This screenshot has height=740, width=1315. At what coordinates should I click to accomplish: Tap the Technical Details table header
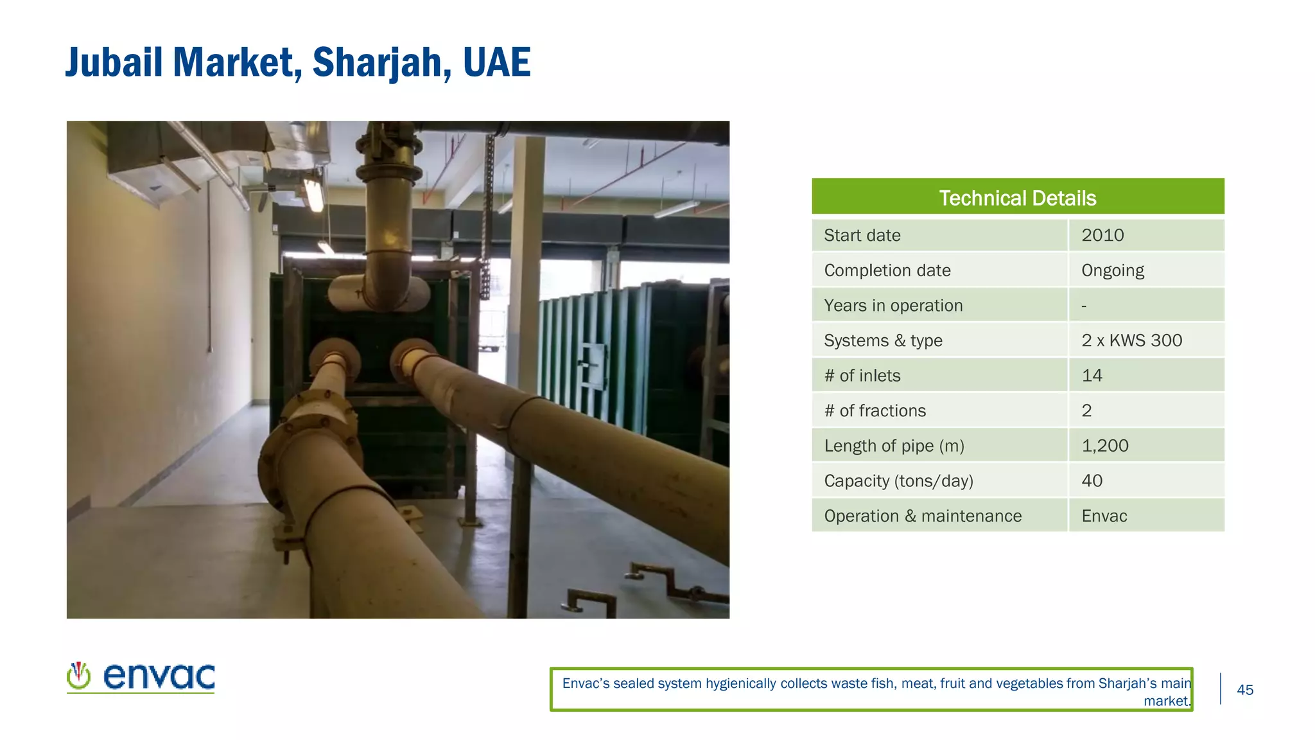click(x=1017, y=197)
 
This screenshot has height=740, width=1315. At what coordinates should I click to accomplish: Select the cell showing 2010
click(x=1102, y=235)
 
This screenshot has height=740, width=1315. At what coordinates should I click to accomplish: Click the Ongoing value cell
click(x=1112, y=270)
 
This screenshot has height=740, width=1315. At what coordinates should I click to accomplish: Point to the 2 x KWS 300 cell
click(x=1131, y=340)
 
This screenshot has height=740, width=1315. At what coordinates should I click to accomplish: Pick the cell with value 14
click(x=1092, y=376)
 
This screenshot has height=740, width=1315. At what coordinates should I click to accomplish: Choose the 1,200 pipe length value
click(x=1104, y=446)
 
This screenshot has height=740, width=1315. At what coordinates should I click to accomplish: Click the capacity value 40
click(x=1092, y=481)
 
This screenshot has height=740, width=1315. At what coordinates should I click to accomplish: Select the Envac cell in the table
click(x=1104, y=516)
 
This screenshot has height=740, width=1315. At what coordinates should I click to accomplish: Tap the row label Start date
click(x=862, y=235)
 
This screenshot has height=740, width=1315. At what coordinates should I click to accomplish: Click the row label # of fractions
click(x=875, y=411)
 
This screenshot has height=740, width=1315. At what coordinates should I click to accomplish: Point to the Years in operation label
click(x=893, y=306)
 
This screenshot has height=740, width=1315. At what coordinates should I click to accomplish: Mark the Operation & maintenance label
click(x=922, y=516)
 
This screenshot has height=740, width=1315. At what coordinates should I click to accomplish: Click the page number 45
click(x=1244, y=690)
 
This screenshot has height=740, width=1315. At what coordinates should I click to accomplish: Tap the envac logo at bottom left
click(x=141, y=676)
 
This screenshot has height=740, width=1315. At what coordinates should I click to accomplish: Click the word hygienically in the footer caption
click(x=740, y=683)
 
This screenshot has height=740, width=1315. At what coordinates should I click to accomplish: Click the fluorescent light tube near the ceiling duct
click(x=313, y=195)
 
